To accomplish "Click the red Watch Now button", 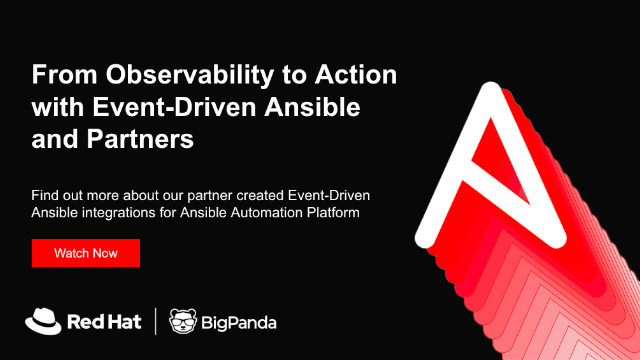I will [85, 253].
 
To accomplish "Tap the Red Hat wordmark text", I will [103, 322].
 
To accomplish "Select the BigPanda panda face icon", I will [184, 321].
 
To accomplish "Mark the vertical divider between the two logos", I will [155, 321].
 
